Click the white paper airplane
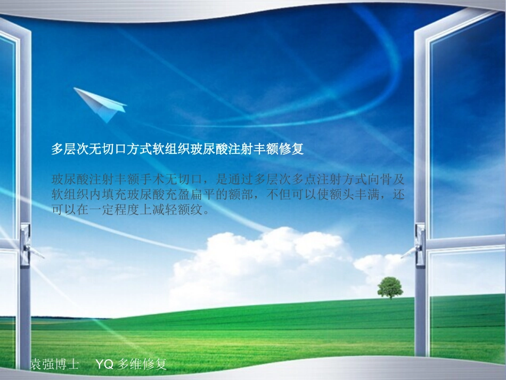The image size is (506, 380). point(101,104)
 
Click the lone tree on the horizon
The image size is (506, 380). point(390,287)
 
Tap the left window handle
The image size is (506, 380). point(27,245)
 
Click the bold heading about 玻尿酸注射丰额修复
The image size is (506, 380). point(177,149)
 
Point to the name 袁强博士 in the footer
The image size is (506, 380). point(55,365)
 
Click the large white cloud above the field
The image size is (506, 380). point(261,261)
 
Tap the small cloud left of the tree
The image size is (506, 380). point(373,263)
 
